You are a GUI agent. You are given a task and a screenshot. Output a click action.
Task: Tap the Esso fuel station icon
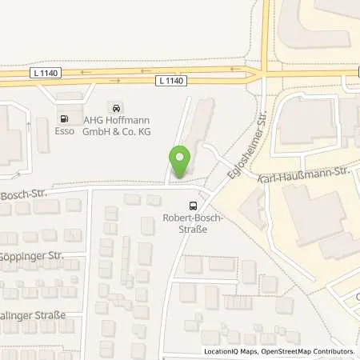62,108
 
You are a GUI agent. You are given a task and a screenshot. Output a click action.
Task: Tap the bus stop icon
191,205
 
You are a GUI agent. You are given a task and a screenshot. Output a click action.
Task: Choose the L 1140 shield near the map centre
170,81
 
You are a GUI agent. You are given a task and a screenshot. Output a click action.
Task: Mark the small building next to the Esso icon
42,128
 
